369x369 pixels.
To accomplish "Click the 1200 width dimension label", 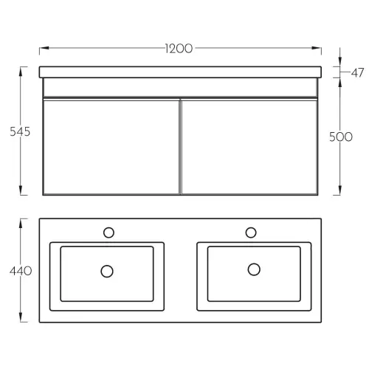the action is point(179,49).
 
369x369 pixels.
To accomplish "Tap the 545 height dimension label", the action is point(20,131).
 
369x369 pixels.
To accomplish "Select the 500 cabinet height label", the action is point(341,137).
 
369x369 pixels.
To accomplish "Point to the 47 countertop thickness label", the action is point(357,73).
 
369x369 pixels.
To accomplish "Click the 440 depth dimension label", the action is point(21,271).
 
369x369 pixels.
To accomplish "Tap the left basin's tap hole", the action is point(108,232).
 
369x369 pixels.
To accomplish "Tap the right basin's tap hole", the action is point(251,232).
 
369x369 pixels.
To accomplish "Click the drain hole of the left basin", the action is point(107,272).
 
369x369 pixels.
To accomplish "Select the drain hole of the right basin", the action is point(254,269).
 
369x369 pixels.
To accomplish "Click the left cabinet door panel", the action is point(111,147).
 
